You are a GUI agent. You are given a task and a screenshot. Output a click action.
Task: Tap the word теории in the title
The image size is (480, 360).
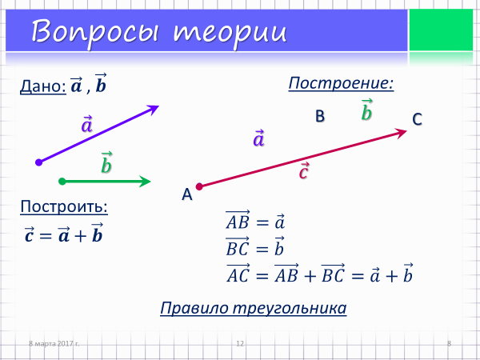coord(230,32)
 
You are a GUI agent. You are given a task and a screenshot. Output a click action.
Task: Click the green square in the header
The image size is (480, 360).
coord(441,30)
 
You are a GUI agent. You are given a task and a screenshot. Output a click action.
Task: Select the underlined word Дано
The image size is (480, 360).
coord(42,86)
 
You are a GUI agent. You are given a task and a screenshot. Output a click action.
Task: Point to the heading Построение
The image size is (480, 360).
coord(341,83)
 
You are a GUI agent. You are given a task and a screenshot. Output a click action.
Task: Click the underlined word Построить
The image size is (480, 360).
coord(64,206)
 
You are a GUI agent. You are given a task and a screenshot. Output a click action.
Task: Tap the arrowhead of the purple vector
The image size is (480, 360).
coord(154,109)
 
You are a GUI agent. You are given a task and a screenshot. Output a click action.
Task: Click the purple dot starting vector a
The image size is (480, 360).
coord(39,162)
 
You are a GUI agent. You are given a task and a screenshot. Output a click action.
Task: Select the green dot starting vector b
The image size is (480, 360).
coord(62,182)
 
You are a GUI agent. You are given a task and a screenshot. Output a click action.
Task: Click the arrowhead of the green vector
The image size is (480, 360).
coord(145,182)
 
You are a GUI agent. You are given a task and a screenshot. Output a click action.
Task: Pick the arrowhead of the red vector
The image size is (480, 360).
coord(401,133)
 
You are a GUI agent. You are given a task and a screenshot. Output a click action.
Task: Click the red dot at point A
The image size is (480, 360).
coord(199,186)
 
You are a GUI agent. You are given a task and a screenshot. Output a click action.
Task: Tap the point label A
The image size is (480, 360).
coord(187,194)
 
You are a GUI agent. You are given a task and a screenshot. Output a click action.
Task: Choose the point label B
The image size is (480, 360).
coord(320,116)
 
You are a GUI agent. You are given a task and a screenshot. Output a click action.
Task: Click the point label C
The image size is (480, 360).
coord(418,119)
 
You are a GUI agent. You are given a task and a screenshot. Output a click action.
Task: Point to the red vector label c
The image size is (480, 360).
coord(304,171)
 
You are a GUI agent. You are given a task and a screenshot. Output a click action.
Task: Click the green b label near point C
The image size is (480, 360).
coord(366,110)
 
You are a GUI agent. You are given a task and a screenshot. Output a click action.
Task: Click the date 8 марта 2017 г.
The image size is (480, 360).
coord(54,343)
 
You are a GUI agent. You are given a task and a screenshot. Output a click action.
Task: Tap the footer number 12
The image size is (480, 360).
coord(240,343)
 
